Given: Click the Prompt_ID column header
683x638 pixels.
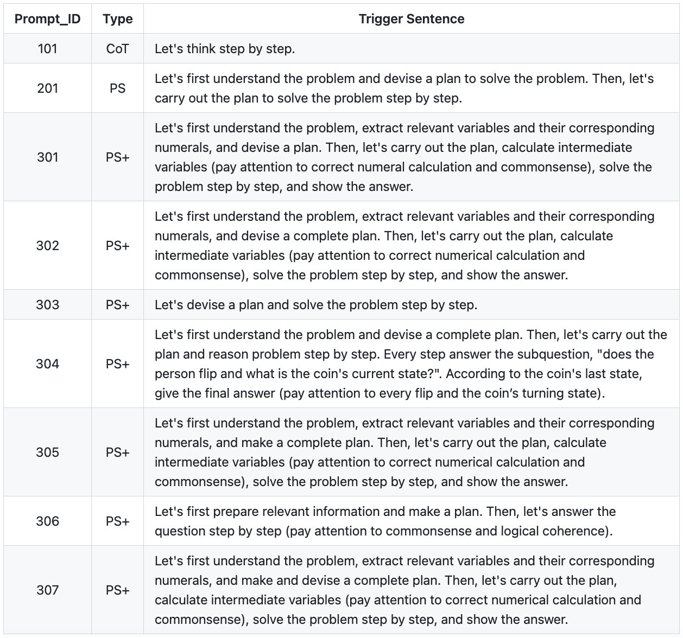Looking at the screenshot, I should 47,19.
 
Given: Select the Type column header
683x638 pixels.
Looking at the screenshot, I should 118,19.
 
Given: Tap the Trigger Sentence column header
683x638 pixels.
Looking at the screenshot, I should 412,19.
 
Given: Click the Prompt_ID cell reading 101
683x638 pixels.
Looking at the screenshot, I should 47,49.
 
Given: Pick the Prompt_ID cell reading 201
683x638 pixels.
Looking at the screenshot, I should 47,88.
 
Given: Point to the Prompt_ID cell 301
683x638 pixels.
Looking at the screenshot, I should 47,157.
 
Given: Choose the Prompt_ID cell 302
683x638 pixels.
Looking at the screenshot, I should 47,246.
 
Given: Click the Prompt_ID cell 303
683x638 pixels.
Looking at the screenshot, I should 47,305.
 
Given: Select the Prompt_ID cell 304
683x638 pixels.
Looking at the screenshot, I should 47,364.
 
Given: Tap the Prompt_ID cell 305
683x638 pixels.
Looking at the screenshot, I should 47,452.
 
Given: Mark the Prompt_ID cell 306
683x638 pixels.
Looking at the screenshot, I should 47,521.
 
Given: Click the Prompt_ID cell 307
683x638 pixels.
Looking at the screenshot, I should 47,590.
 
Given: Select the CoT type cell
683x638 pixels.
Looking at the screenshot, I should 118,49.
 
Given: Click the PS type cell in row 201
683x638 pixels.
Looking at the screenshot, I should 118,88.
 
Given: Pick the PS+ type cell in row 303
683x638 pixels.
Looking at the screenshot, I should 118,305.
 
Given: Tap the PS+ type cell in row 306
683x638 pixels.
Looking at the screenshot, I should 118,521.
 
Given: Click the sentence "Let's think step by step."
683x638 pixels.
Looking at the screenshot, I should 225,49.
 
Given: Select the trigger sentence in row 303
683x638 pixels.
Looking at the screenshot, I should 316,305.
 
